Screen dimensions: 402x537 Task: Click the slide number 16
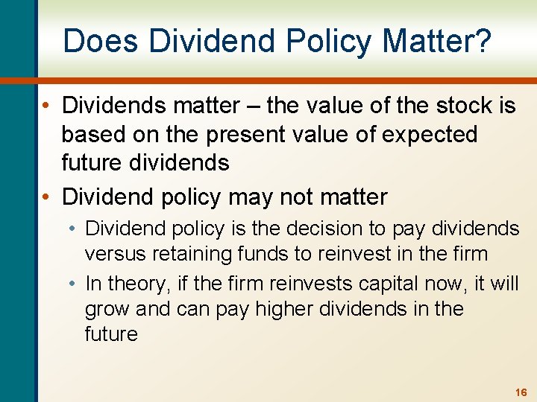pos(521,392)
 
